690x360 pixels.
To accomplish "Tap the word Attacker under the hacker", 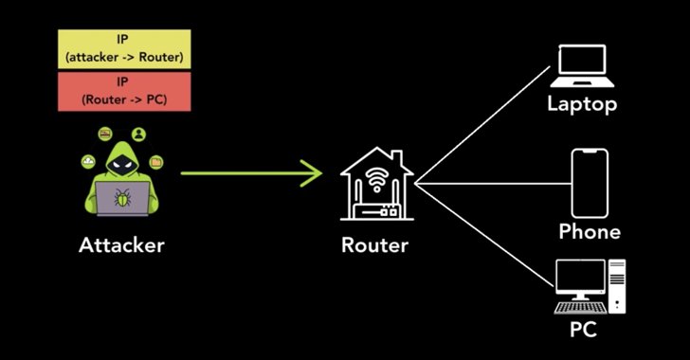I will pos(121,245).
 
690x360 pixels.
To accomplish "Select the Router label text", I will pos(374,245).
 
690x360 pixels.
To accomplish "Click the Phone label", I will pos(590,231).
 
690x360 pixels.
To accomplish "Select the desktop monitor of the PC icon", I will pos(578,279).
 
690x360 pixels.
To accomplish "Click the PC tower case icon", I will pos(617,285).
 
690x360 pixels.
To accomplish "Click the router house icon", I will pos(375,184).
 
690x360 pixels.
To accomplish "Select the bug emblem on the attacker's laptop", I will pos(123,200).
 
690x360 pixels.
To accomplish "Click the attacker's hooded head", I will pos(121,159).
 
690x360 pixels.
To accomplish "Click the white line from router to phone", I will pos(493,181).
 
